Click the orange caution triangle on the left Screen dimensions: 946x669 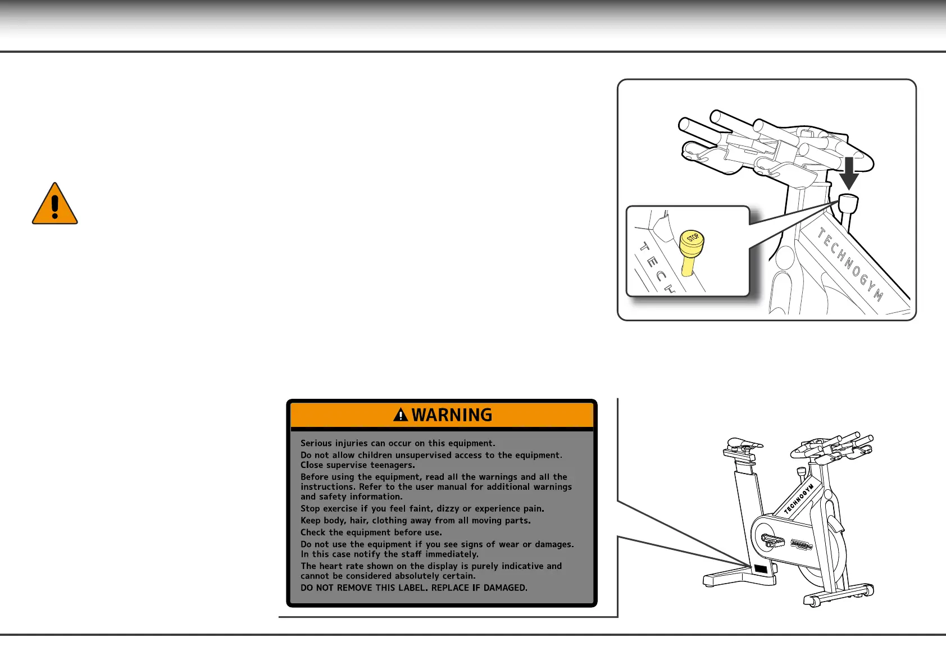pyautogui.click(x=54, y=205)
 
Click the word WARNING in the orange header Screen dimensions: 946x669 pyautogui.click(x=452, y=415)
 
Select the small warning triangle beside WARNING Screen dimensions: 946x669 pyautogui.click(x=401, y=415)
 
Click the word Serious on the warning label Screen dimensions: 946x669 pyautogui.click(x=317, y=443)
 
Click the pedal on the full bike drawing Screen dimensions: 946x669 pyautogui.click(x=772, y=540)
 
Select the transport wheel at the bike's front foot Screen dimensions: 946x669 pyautogui.click(x=811, y=602)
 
